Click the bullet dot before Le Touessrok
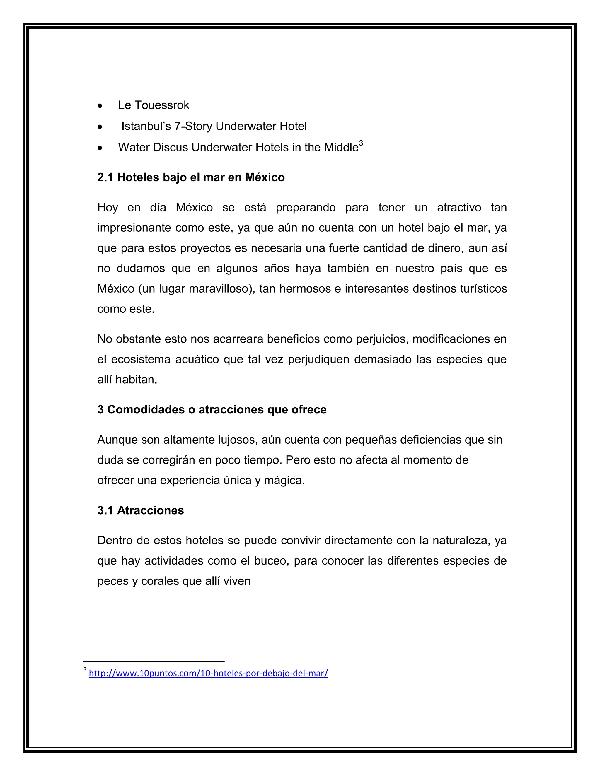[100, 106]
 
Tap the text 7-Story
[193, 126]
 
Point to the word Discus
[170, 148]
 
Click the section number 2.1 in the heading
[105, 177]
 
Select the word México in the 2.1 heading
[265, 177]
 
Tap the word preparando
[305, 208]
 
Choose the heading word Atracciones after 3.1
[150, 511]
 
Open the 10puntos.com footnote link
[208, 673]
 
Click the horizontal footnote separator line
[154, 661]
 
